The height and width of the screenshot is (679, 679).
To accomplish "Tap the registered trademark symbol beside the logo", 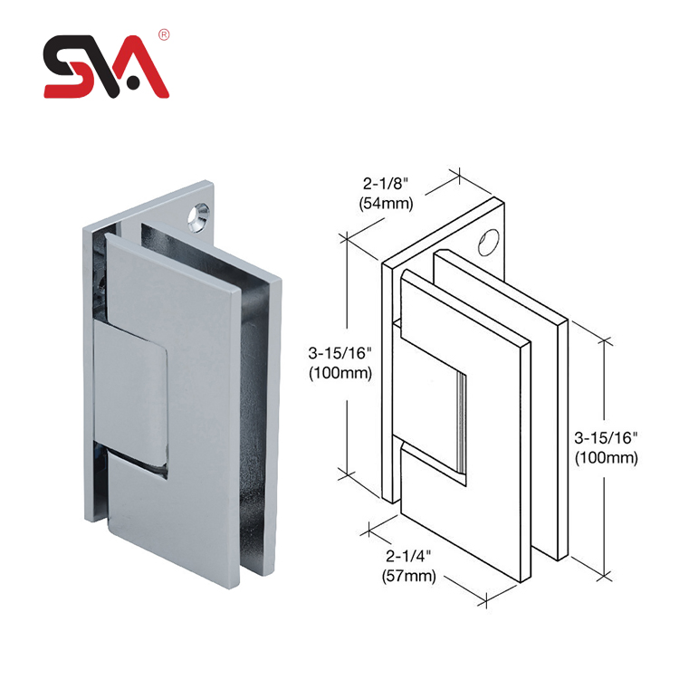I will coord(164,35).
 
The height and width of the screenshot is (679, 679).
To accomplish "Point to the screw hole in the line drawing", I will coord(489,242).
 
